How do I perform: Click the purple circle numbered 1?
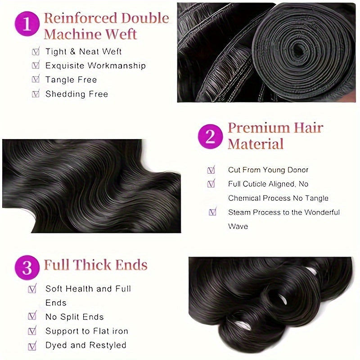click(x=27, y=24)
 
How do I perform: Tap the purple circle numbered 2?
click(x=211, y=136)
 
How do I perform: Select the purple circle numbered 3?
click(x=27, y=268)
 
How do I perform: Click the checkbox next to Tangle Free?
click(x=36, y=80)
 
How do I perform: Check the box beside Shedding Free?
click(x=36, y=94)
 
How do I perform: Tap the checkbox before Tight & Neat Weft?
click(x=36, y=52)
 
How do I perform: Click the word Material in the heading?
click(x=255, y=144)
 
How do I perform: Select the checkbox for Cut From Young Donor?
click(x=211, y=170)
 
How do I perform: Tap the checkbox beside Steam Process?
click(x=212, y=212)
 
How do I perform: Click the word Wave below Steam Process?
click(x=238, y=226)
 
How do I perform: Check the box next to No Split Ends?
click(x=32, y=317)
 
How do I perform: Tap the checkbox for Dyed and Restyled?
click(x=32, y=346)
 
